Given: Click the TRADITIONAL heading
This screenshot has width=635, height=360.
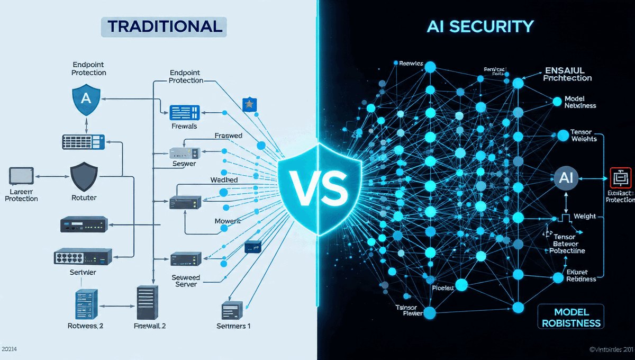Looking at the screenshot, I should point(164,27).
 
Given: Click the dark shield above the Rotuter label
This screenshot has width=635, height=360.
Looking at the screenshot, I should point(84,176).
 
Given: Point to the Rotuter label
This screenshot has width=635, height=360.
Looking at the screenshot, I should point(84,199).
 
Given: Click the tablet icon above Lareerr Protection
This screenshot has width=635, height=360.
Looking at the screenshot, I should point(21,175).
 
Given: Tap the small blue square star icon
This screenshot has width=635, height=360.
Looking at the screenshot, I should point(248,104).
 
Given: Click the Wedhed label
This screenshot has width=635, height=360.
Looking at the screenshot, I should point(224,180).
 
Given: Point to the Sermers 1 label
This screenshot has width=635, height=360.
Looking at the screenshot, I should point(233,326).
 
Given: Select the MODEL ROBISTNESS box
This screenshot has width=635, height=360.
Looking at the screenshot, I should point(570,317).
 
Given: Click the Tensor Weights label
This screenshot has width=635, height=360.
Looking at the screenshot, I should point(584,135).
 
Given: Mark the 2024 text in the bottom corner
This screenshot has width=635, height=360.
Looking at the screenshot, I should point(10,349).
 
